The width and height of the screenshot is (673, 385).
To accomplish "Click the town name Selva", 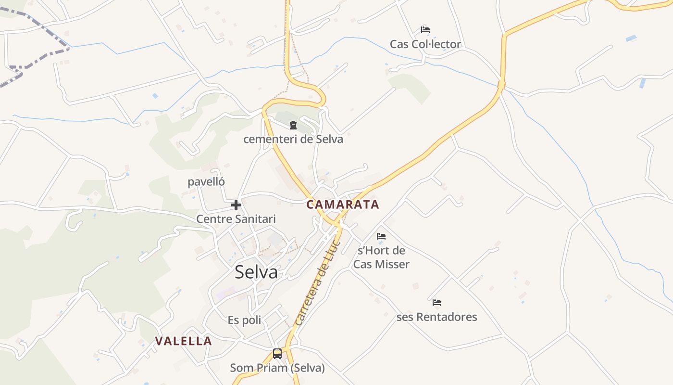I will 256,272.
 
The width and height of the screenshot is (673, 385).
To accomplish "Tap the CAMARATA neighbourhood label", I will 343,205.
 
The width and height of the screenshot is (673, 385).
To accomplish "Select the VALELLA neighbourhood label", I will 183,341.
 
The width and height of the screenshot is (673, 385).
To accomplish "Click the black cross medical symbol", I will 236,205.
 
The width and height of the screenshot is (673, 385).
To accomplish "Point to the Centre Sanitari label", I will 236,219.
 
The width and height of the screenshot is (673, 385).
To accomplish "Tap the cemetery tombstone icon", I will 293,126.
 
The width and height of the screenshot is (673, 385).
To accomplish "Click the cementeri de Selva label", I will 293,140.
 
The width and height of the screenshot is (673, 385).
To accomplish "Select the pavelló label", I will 206,182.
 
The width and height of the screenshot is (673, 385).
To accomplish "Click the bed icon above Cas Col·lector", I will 425,30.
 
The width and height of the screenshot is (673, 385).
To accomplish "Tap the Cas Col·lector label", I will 425,44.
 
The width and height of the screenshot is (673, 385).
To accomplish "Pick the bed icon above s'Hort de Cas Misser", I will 381,236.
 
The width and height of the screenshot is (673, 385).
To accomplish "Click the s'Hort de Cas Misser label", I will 381,257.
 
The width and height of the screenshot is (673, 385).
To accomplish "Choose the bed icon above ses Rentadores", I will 436,303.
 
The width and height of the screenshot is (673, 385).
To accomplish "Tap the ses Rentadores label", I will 436,317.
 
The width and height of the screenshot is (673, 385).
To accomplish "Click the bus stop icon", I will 277,354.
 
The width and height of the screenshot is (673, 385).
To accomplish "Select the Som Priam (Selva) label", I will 277,368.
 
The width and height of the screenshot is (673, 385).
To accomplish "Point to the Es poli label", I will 244,320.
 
